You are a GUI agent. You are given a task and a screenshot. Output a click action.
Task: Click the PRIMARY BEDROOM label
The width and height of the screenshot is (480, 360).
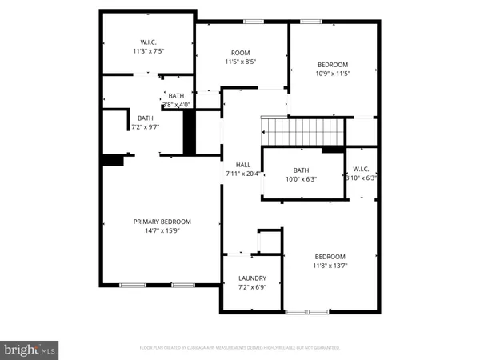[162, 222]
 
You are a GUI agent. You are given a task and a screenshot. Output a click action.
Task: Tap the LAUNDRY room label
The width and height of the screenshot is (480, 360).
[252, 278]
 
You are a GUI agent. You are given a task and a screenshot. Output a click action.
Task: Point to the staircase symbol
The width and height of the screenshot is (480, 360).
[303, 130]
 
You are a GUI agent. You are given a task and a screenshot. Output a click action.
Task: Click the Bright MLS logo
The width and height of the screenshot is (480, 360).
[30, 349]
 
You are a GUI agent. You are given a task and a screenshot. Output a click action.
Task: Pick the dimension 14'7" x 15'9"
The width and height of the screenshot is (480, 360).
[162, 231]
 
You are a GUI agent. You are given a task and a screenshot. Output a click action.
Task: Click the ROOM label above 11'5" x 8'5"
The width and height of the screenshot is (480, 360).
[241, 51]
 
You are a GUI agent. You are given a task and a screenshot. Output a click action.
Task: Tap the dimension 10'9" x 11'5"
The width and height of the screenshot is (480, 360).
[333, 74]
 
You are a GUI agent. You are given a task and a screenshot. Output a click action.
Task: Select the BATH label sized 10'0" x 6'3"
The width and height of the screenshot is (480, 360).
[301, 170]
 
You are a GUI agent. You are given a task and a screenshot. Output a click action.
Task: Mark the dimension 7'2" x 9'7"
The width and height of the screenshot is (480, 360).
[146, 126]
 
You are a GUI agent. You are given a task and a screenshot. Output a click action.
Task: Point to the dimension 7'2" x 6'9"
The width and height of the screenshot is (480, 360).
[252, 287]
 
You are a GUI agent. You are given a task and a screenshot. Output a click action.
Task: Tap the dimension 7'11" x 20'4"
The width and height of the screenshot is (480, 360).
[242, 174]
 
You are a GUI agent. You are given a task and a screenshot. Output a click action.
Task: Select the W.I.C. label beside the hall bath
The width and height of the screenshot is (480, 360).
[360, 170]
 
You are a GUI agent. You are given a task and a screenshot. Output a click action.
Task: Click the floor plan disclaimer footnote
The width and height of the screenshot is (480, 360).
[241, 348]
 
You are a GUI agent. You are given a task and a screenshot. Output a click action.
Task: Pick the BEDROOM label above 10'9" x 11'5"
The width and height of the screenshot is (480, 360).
[333, 65]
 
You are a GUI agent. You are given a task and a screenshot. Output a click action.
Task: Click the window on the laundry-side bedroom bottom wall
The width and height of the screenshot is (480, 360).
[306, 310]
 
